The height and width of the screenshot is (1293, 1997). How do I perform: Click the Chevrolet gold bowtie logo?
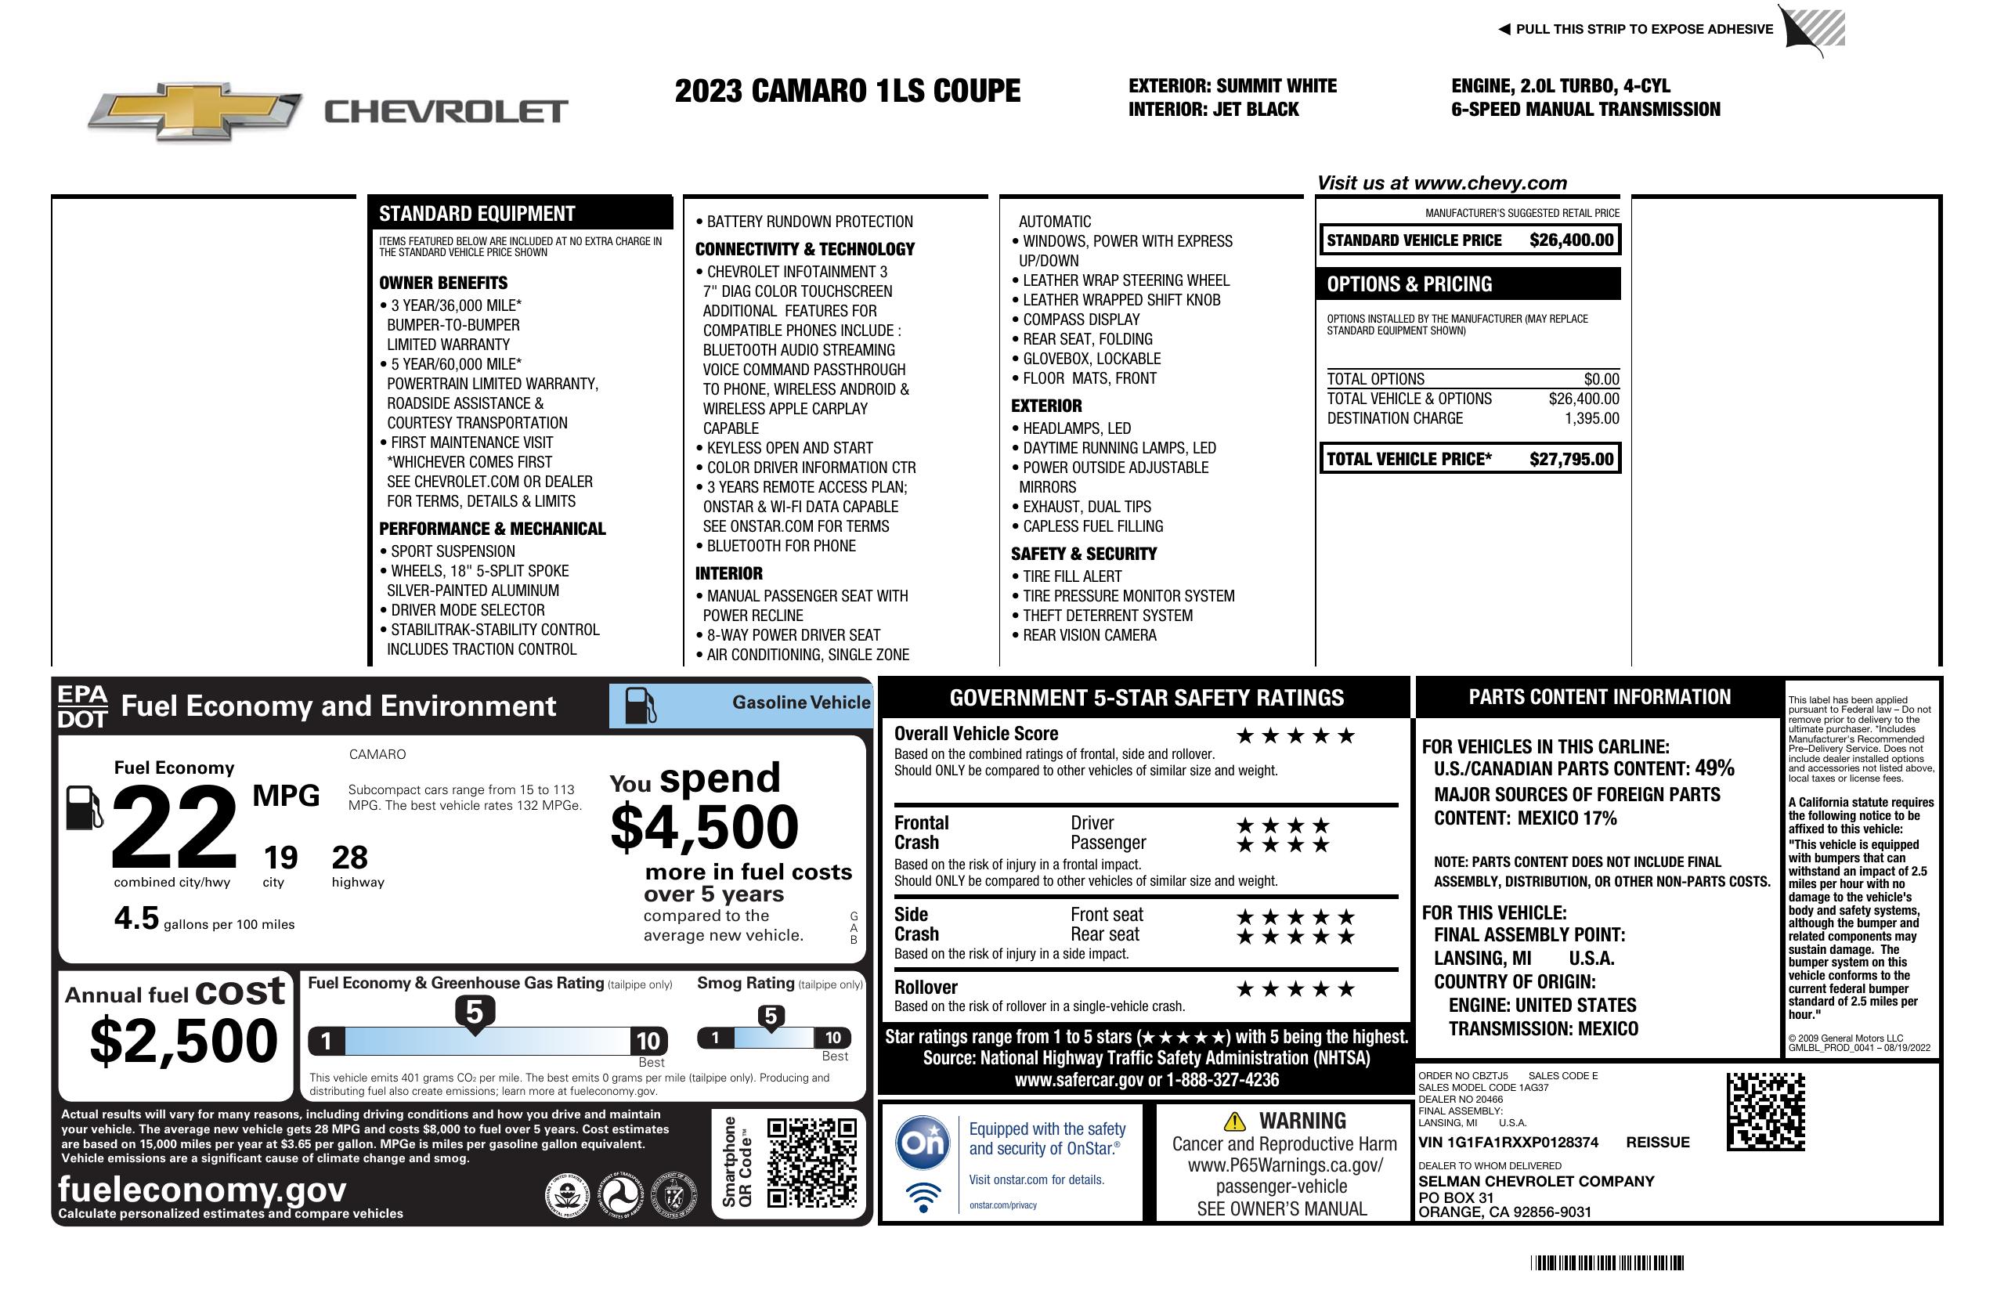coord(195,111)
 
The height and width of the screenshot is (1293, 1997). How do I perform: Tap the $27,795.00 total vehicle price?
coord(1571,459)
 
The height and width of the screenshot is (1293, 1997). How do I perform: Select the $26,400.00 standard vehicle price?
coord(1571,240)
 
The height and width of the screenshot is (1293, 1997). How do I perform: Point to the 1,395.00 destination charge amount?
coord(1591,418)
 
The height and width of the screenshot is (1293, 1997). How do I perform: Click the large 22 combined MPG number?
coord(174,826)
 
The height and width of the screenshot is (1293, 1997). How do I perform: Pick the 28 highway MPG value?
coord(349,857)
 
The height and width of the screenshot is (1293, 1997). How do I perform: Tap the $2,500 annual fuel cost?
coord(183,1041)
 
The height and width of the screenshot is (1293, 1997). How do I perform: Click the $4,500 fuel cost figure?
coord(704,826)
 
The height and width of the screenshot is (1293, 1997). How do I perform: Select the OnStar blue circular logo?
coord(923,1142)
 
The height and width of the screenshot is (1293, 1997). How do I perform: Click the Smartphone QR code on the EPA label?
coord(811,1162)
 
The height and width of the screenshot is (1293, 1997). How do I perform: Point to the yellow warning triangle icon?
coord(1234,1121)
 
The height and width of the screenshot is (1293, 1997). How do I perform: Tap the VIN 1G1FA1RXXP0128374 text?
coord(1508,1142)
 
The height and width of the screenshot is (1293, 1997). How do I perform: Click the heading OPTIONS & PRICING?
coord(1409,284)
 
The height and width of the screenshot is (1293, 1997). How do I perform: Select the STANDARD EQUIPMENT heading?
coord(477,214)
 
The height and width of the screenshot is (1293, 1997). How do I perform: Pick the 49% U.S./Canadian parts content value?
coord(1714,767)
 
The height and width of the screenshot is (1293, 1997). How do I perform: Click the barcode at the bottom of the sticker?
coord(1606,1262)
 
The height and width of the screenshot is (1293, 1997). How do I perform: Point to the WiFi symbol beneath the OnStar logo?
coord(923,1197)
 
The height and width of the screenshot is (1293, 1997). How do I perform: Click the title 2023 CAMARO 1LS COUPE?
coord(847,91)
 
